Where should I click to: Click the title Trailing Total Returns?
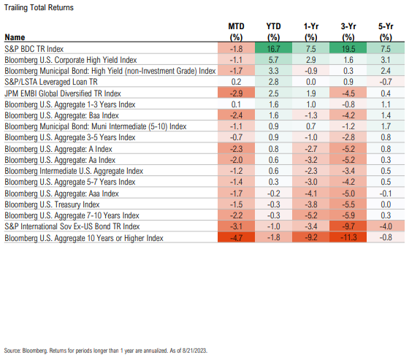click(x=39, y=7)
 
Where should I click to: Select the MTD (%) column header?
click(x=236, y=32)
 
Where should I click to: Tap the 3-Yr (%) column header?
click(x=348, y=32)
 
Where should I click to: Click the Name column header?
click(x=15, y=37)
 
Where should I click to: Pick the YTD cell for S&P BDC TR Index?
click(x=273, y=49)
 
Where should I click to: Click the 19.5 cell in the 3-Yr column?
click(x=348, y=49)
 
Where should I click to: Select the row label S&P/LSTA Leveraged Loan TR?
click(x=51, y=82)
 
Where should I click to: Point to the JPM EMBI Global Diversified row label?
click(x=63, y=93)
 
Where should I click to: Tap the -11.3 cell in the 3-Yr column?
click(x=348, y=237)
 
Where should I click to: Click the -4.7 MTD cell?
click(x=236, y=237)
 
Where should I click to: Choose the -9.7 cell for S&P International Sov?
click(x=348, y=226)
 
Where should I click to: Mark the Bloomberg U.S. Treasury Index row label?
click(x=52, y=204)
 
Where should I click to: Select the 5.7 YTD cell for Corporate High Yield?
click(x=273, y=60)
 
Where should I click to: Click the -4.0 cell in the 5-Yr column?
click(x=386, y=226)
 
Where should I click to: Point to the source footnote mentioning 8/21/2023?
click(x=106, y=351)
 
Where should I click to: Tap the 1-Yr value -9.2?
click(x=310, y=237)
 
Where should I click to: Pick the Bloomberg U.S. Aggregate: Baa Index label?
click(x=61, y=115)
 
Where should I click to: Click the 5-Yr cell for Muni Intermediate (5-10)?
click(x=386, y=126)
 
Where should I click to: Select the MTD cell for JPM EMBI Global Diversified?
click(x=236, y=93)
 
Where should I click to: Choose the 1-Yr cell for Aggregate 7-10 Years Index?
click(x=310, y=215)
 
